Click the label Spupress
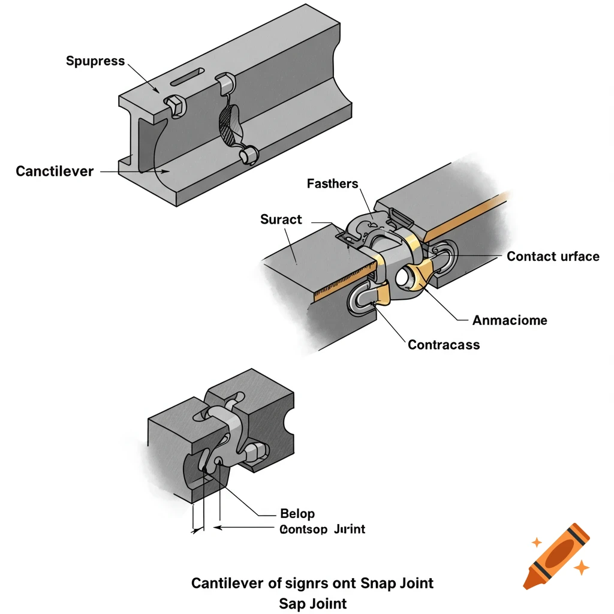pos(95,61)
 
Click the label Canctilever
pos(55,171)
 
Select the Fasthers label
pos(332,183)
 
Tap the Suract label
pos(281,219)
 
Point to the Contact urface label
pos(552,257)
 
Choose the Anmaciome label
pos(509,320)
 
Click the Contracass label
pos(443,345)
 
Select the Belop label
pos(297,514)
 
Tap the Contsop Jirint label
pos(322,529)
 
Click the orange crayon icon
pos(556,555)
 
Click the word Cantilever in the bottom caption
pos(225,583)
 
